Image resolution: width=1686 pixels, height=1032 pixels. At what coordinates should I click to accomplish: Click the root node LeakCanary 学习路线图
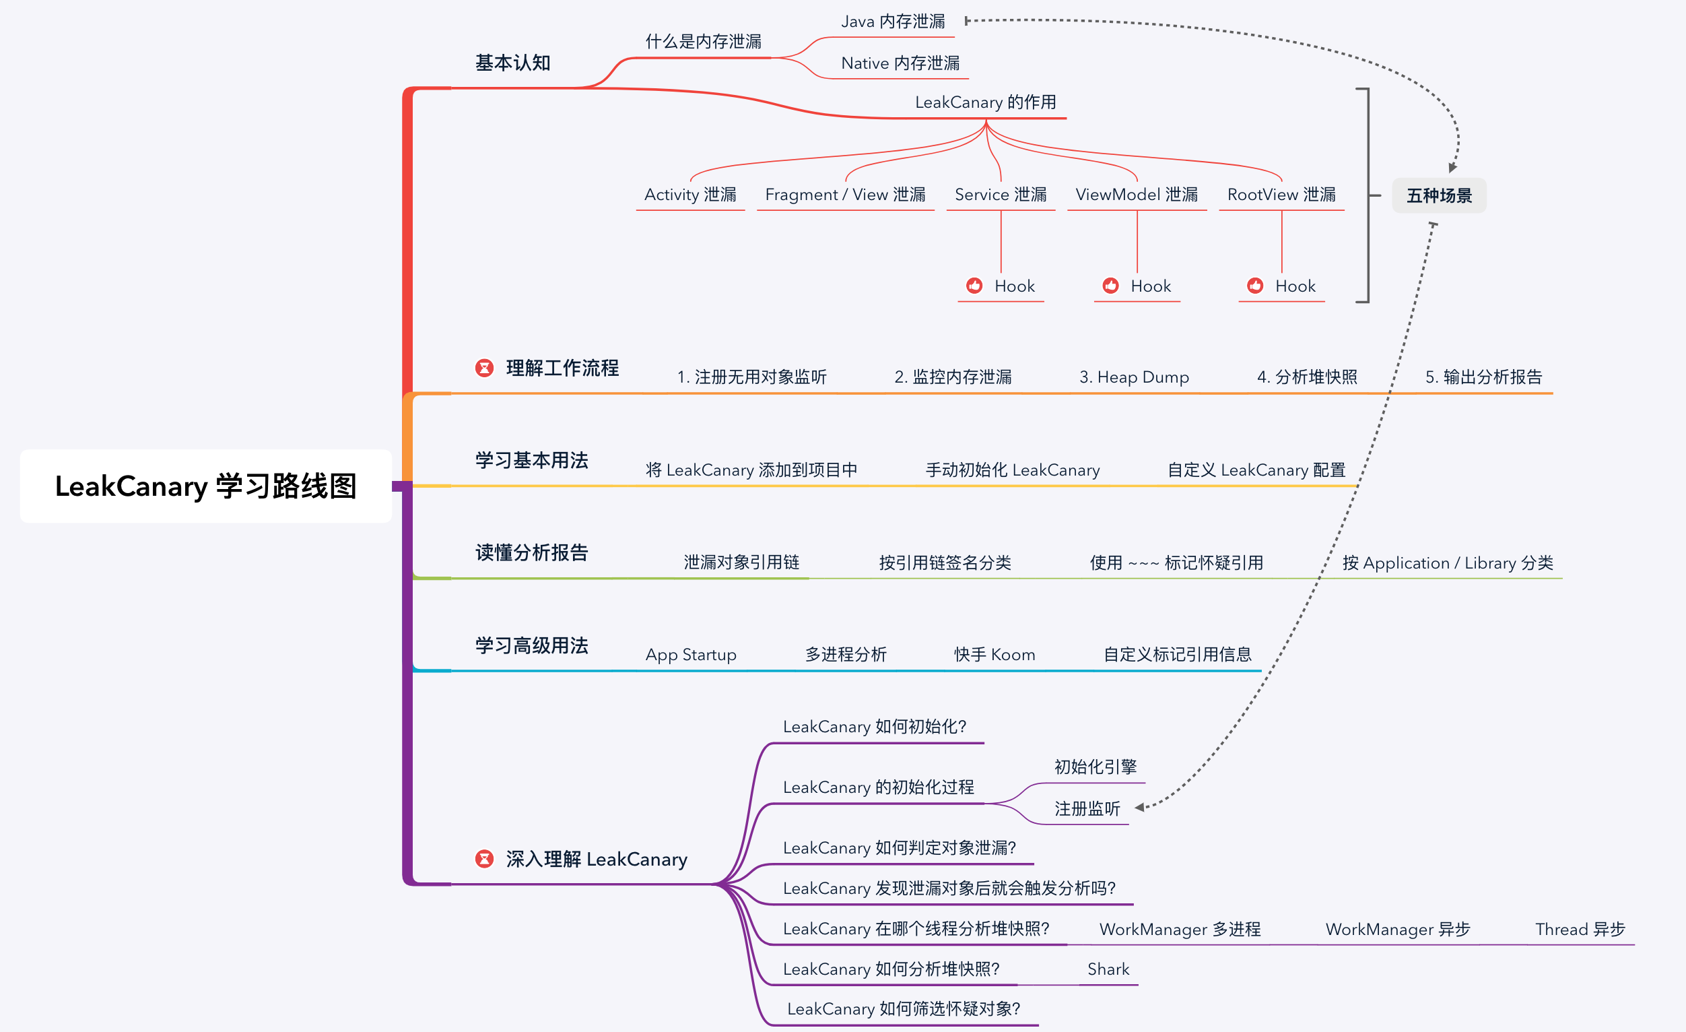(205, 486)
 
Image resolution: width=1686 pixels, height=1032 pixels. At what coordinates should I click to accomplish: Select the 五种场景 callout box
(1439, 196)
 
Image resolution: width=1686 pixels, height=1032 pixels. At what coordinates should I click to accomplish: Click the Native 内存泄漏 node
(900, 63)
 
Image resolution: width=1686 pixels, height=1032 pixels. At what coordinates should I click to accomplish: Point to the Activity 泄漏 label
(689, 195)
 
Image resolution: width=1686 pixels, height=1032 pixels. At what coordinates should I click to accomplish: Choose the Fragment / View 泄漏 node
(845, 195)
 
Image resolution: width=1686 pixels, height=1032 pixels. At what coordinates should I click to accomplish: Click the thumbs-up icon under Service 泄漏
(974, 286)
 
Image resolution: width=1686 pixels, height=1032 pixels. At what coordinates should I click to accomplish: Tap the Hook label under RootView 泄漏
(1295, 286)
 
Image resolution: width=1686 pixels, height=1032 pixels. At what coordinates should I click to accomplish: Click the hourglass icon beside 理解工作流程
(484, 368)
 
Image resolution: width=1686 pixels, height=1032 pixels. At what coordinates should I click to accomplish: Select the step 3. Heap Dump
(1134, 377)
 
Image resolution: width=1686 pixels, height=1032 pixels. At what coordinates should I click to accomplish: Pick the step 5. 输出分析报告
(1483, 377)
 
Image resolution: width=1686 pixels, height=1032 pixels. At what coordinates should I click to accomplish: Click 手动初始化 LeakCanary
(1013, 470)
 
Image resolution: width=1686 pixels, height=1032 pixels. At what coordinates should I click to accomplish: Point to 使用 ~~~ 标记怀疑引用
(1176, 563)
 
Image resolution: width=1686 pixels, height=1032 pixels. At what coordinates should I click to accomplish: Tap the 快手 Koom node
(994, 655)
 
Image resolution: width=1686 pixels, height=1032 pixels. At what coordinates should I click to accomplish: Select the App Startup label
(690, 655)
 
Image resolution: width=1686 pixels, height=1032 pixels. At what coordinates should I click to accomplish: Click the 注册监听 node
(1087, 809)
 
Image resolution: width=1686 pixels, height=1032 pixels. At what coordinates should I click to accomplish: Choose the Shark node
(1108, 969)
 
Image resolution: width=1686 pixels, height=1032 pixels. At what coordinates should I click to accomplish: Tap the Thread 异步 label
(1579, 930)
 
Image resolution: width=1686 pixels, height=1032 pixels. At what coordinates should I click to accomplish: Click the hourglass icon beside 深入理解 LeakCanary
(484, 859)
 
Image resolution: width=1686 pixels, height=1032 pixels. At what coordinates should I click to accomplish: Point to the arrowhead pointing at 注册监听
(1139, 808)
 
